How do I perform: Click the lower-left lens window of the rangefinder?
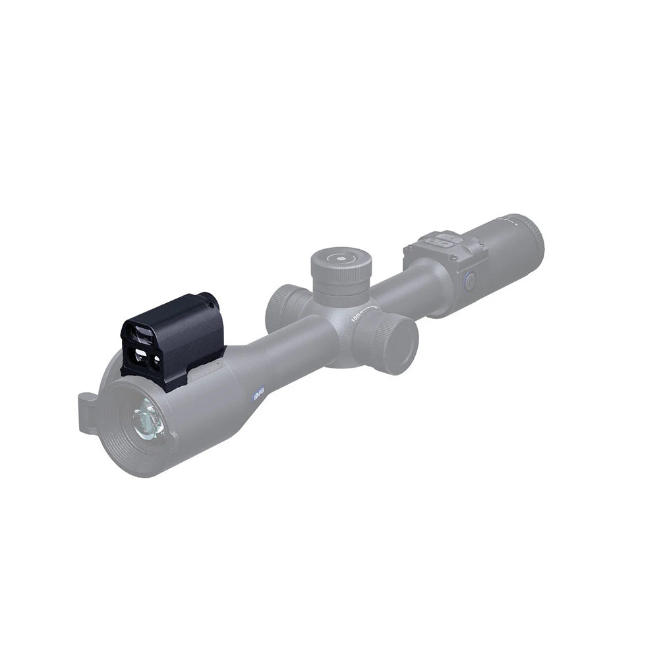coord(140,359)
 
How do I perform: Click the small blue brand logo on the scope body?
coord(258,393)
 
